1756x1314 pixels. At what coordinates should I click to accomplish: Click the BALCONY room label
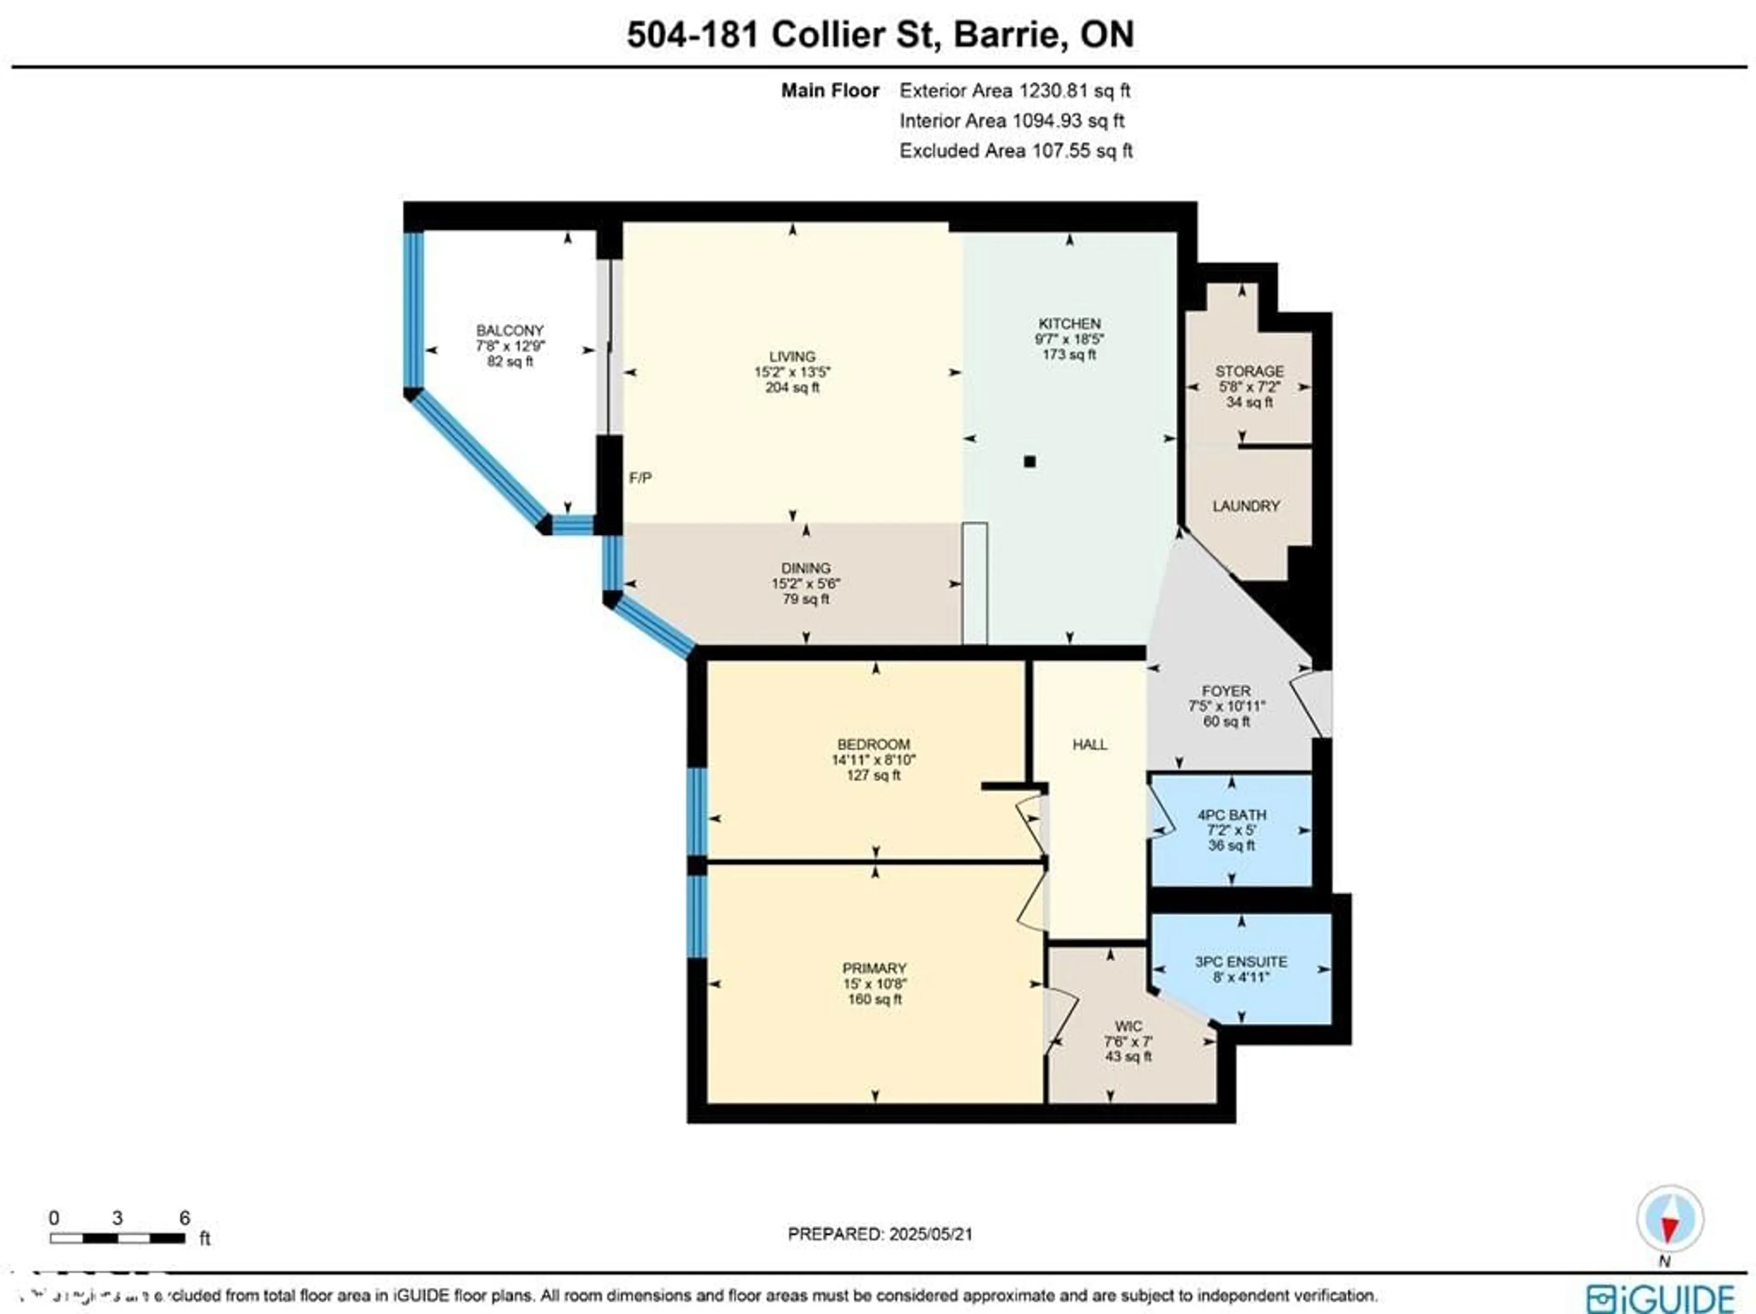pos(510,330)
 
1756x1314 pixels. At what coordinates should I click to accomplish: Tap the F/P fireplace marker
pos(640,478)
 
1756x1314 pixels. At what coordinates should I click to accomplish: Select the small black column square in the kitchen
pos(1030,461)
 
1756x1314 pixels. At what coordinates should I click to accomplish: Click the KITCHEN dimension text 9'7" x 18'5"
pos(1069,339)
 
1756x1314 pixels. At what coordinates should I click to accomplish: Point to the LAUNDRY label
pos(1246,506)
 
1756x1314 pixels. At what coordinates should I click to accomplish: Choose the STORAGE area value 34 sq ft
pos(1249,402)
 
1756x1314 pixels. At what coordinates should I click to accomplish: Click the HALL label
pos(1089,744)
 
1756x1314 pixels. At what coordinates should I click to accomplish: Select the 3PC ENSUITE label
pos(1241,961)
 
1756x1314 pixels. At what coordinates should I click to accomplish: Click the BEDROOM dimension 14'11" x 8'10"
pos(873,760)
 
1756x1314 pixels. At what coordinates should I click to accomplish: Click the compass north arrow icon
pos(1670,1219)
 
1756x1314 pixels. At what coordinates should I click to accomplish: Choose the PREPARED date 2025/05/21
pos(931,1234)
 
